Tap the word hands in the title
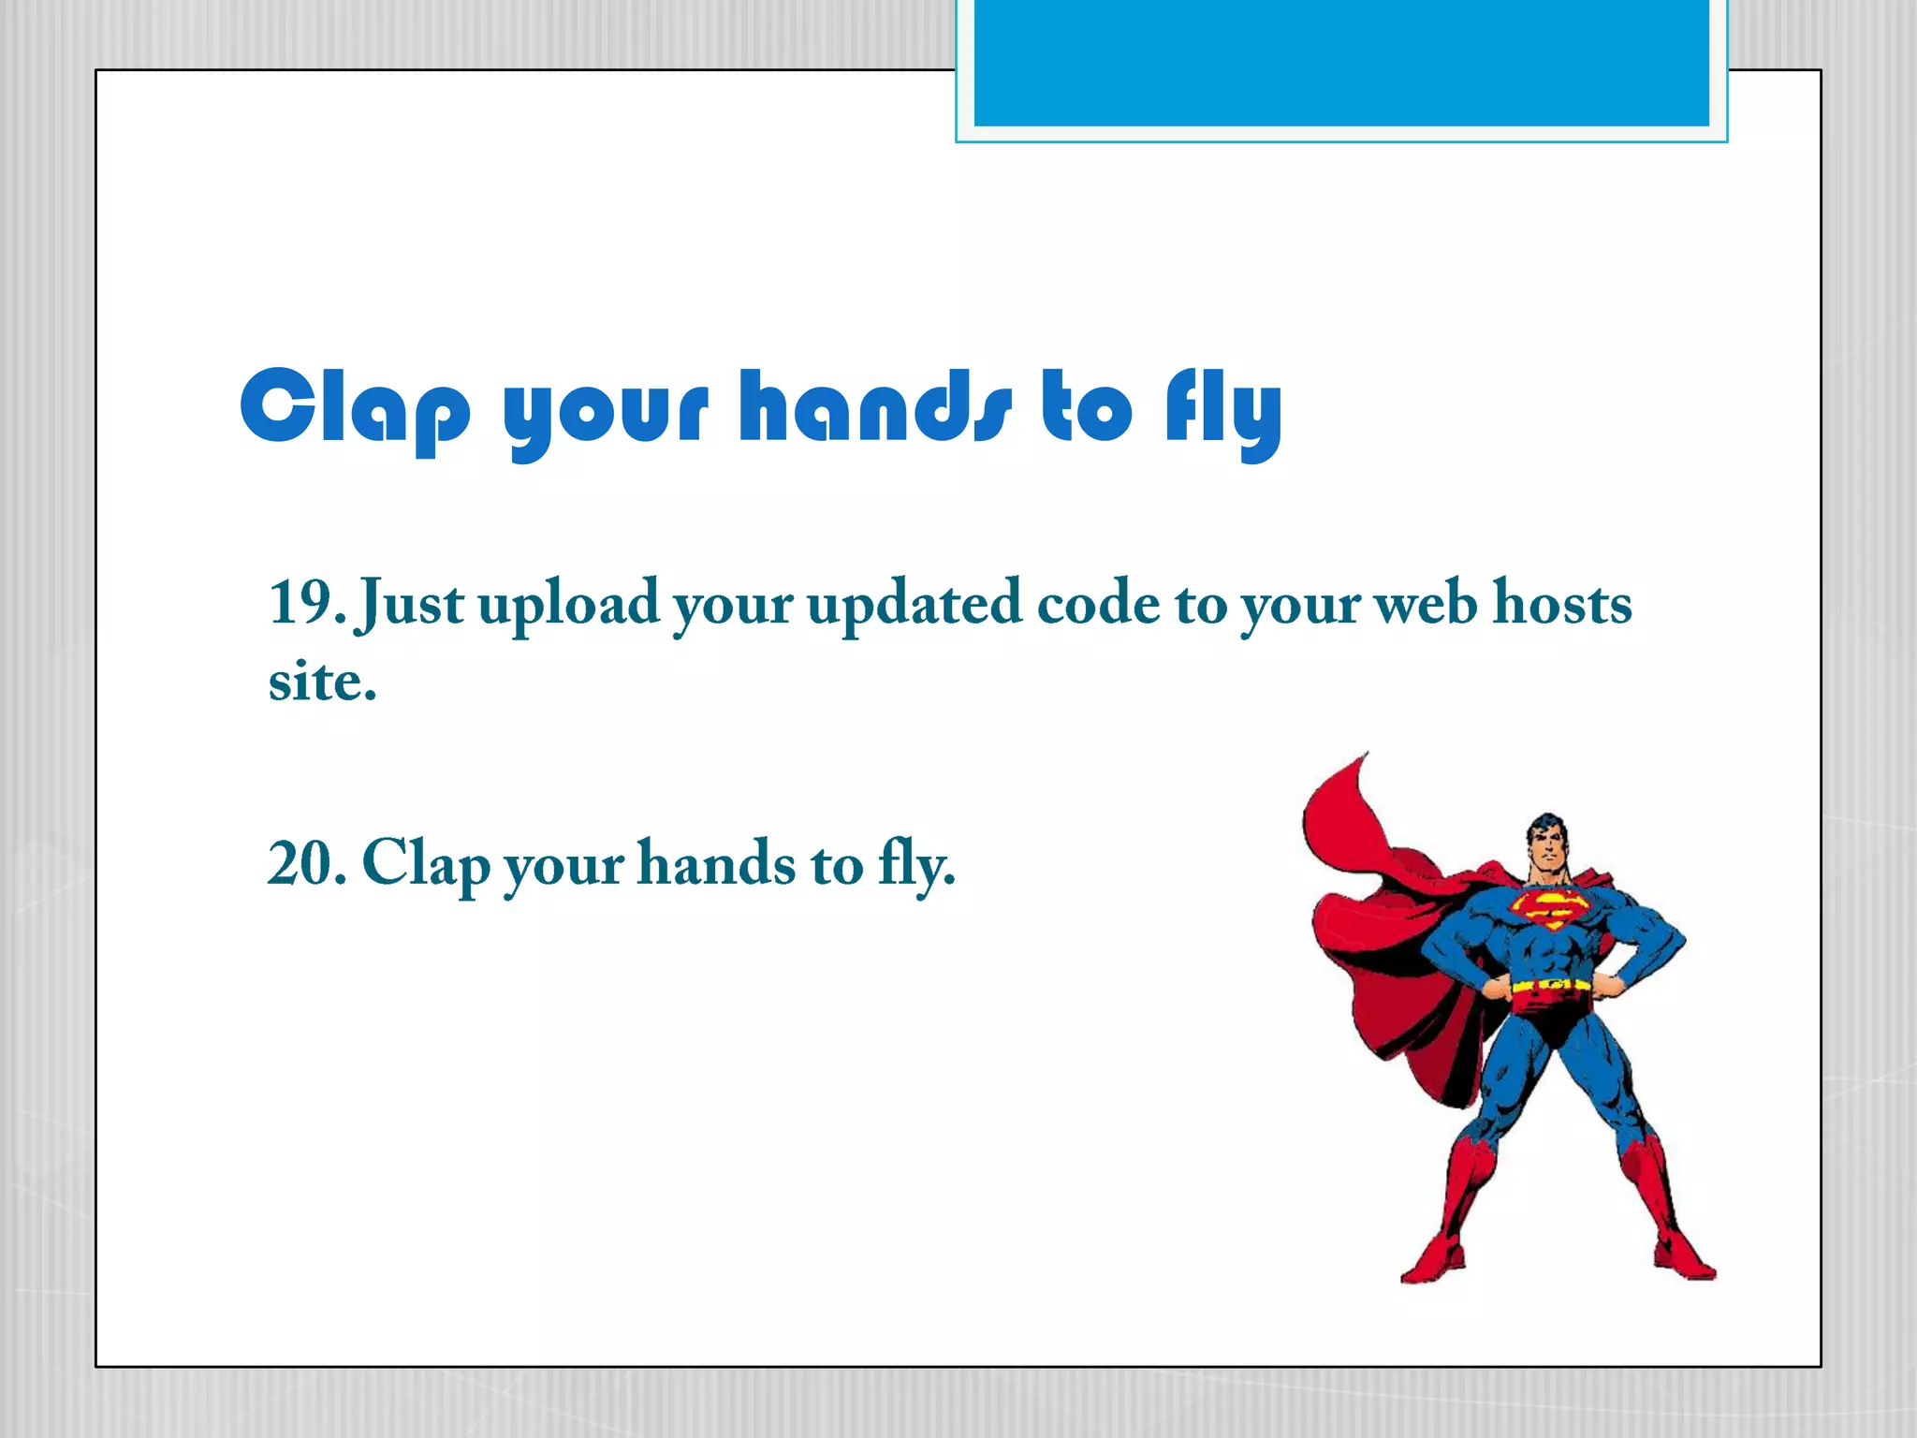pyautogui.click(x=875, y=405)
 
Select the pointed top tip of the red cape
pyautogui.click(x=1366, y=754)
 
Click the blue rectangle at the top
pyautogui.click(x=1340, y=62)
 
